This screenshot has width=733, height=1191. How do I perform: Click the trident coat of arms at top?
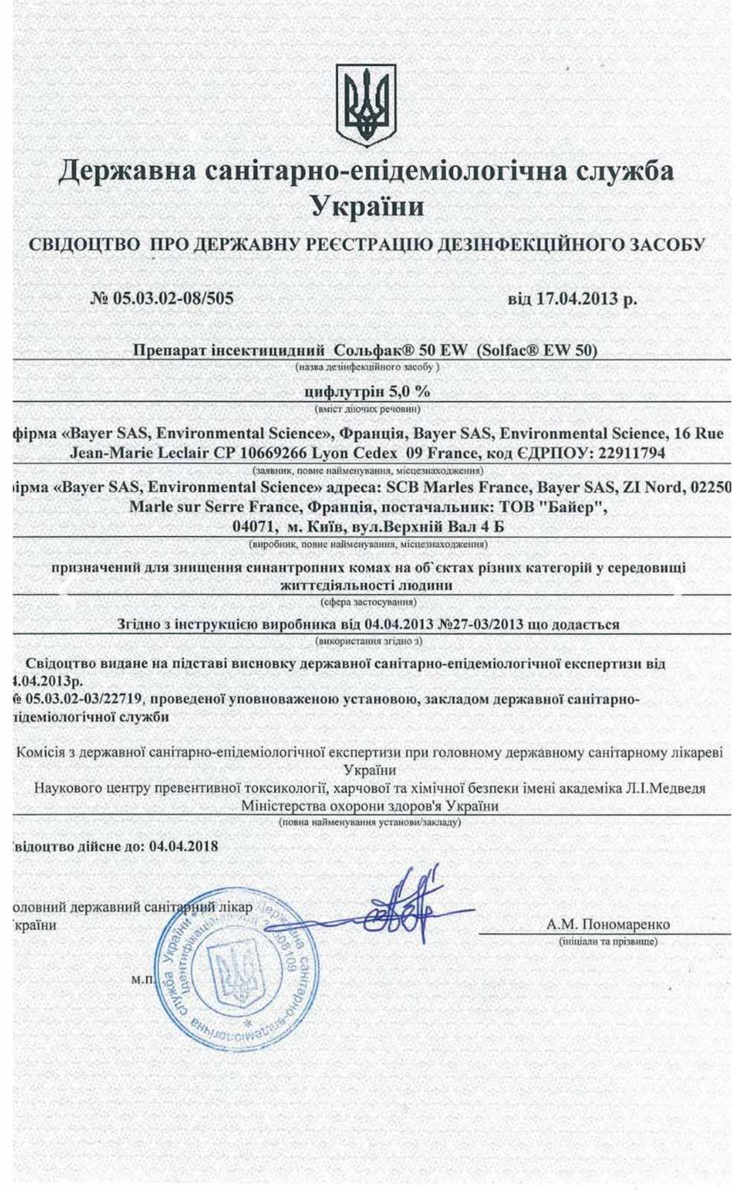point(365,105)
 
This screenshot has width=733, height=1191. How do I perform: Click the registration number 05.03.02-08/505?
point(173,298)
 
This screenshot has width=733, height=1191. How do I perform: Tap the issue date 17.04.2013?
point(577,299)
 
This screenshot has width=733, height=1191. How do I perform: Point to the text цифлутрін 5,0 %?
point(367,392)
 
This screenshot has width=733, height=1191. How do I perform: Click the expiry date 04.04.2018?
point(183,846)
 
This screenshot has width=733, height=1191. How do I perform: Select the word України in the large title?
point(366,205)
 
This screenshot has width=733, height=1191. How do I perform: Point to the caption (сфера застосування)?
point(367,601)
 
